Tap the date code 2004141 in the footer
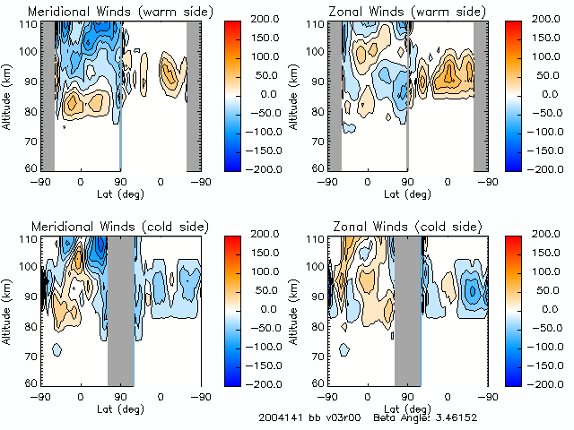point(280,418)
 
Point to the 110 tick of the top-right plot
point(316,23)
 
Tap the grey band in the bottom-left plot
point(120,309)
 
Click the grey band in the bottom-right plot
point(408,309)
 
